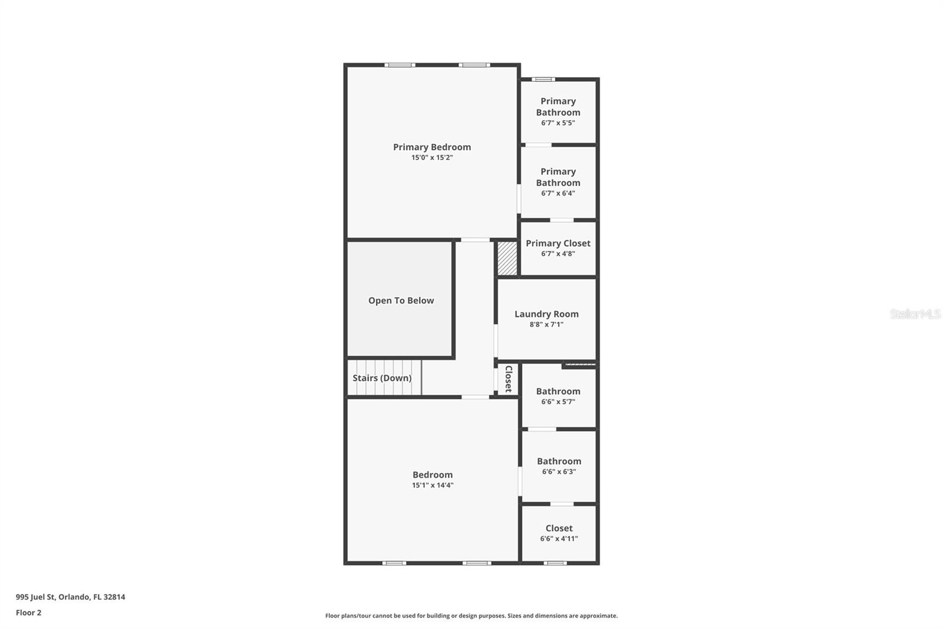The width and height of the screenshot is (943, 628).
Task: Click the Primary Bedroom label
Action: click(432, 147)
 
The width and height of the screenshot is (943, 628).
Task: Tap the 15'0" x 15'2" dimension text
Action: click(432, 158)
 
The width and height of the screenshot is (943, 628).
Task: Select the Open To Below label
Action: click(401, 300)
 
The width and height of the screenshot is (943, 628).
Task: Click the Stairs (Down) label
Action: click(382, 378)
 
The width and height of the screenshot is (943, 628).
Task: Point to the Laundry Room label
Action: click(546, 314)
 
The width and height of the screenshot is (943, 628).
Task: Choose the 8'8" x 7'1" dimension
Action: click(546, 325)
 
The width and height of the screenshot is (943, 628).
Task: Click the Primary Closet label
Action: click(558, 243)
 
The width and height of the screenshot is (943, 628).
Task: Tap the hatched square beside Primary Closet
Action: click(507, 258)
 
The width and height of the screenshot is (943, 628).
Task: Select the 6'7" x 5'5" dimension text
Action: click(558, 123)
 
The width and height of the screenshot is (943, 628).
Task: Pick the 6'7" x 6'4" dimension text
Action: click(558, 193)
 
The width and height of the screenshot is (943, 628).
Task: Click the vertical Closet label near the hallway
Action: click(508, 379)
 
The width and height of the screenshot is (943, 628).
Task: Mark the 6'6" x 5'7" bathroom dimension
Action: click(558, 402)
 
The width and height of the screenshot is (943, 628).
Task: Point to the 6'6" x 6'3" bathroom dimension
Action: click(559, 472)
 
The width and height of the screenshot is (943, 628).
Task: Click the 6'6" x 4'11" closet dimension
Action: click(559, 539)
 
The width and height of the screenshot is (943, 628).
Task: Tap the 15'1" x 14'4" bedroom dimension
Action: click(433, 485)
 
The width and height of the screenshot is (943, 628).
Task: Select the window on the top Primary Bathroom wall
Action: click(543, 79)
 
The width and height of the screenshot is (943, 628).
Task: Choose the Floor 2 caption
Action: click(28, 613)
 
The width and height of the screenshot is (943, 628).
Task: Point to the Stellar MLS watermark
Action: click(915, 314)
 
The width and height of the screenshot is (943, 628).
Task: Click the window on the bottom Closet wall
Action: click(555, 563)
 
